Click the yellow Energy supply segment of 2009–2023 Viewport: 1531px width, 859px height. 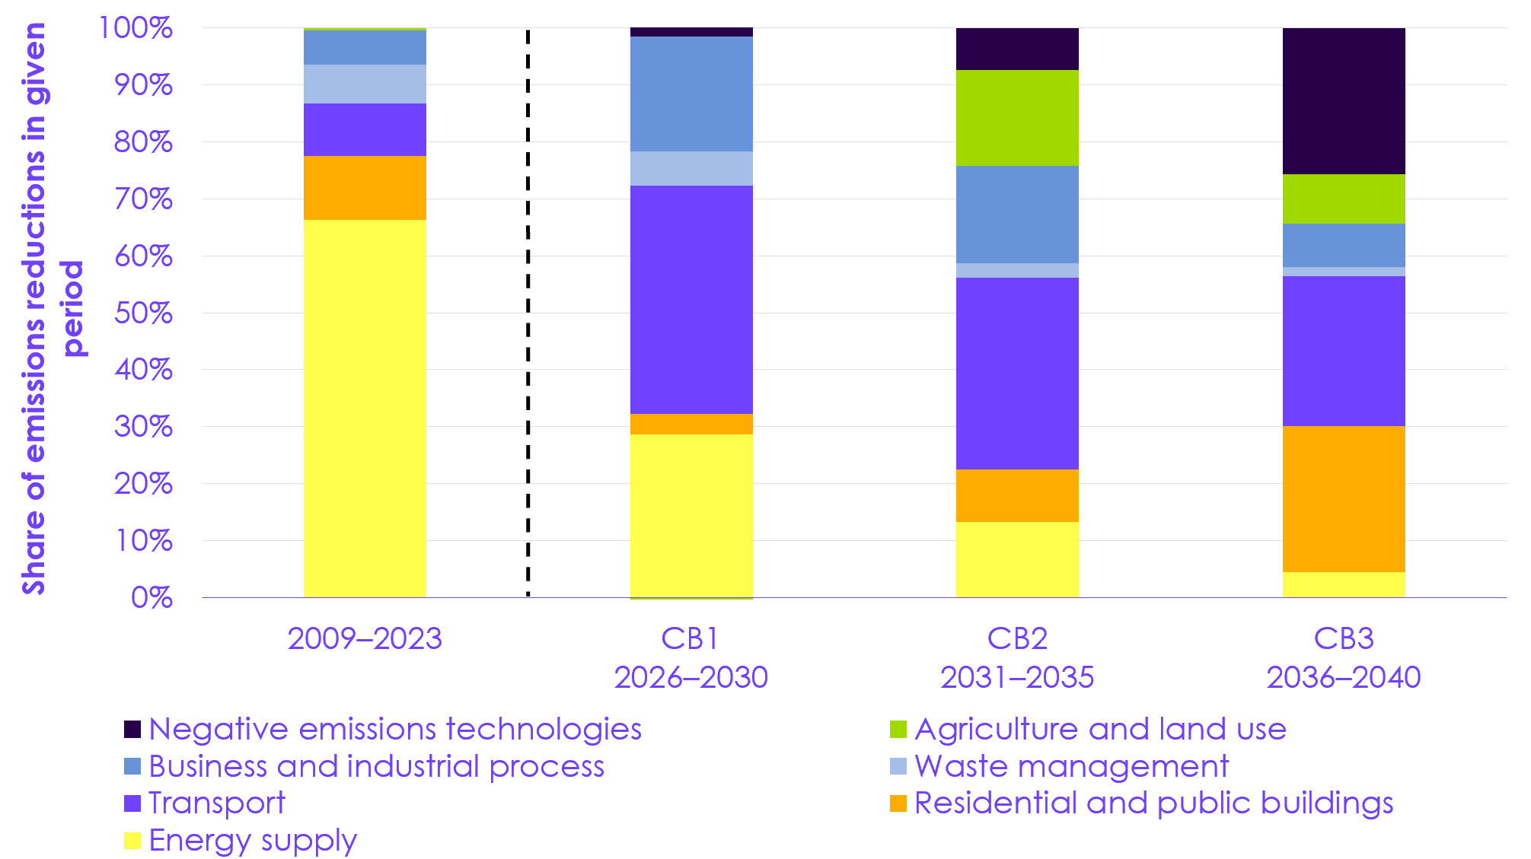point(365,409)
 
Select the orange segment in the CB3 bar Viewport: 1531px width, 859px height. point(1344,499)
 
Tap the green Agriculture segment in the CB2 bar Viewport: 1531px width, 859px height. point(1017,118)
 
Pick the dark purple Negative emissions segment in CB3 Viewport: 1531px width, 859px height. point(1344,101)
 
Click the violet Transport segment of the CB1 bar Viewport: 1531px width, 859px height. point(691,300)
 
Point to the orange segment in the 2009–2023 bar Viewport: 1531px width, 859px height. point(365,188)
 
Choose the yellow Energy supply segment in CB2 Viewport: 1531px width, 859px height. point(1017,559)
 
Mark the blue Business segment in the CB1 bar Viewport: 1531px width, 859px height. point(691,94)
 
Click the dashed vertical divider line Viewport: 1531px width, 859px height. point(528,312)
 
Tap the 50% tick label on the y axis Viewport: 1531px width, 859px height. point(143,313)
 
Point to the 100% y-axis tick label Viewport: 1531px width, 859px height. point(136,28)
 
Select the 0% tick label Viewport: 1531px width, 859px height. point(151,598)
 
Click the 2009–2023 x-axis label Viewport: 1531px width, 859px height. point(365,638)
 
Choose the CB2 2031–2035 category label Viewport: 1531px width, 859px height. point(1017,657)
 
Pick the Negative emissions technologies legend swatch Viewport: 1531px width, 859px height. point(132,730)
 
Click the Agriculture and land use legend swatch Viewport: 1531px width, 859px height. point(898,730)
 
